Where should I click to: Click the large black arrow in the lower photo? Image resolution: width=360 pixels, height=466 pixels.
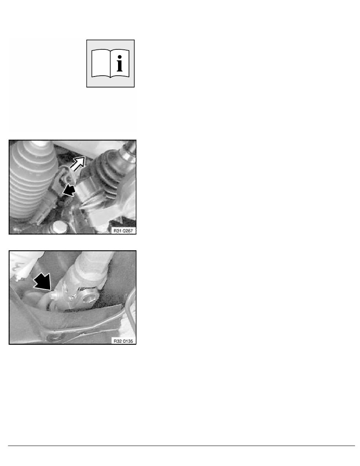tap(43, 281)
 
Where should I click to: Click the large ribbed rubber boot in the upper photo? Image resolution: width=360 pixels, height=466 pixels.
tap(25, 180)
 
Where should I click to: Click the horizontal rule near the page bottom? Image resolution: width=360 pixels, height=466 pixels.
tap(180, 446)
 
